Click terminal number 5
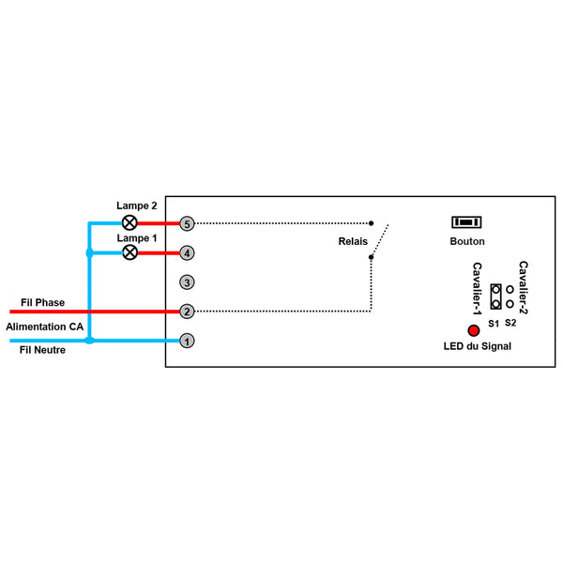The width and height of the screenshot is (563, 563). pos(187,223)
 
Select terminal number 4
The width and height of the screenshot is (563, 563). pos(187,253)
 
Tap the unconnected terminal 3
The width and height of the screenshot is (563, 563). pos(187,282)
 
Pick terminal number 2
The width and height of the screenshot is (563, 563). pos(187,312)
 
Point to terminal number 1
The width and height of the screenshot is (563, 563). pos(187,341)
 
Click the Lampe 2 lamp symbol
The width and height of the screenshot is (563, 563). pos(129,222)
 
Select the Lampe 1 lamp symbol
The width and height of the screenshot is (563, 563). pos(130,252)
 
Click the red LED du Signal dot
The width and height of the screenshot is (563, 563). pos(474,330)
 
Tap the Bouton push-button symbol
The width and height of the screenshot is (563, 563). pos(466,222)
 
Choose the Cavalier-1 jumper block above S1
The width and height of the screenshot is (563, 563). pos(495,297)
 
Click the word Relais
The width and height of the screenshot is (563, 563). pos(353,241)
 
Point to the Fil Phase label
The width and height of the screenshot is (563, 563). pos(43,303)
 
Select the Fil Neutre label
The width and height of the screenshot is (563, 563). pos(42,350)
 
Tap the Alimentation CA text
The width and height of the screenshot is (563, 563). pos(44,327)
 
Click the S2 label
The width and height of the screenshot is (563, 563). pos(510,323)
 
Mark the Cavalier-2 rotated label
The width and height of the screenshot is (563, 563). pos(524,287)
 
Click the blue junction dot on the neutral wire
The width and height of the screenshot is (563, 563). pos(89,341)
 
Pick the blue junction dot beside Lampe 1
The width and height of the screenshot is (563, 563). pos(90,252)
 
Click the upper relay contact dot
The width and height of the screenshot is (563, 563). pos(372,223)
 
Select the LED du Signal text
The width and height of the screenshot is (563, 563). pos(478,346)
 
